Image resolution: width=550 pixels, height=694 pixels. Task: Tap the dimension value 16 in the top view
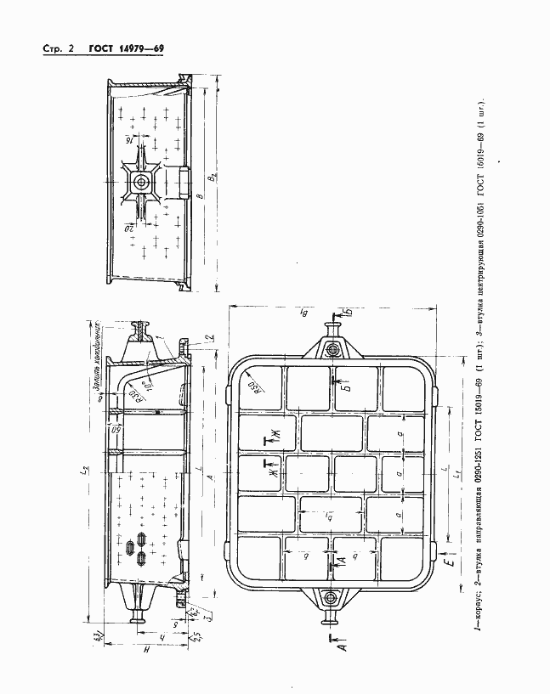point(130,138)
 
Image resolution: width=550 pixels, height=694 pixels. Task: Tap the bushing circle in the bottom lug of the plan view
point(333,601)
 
